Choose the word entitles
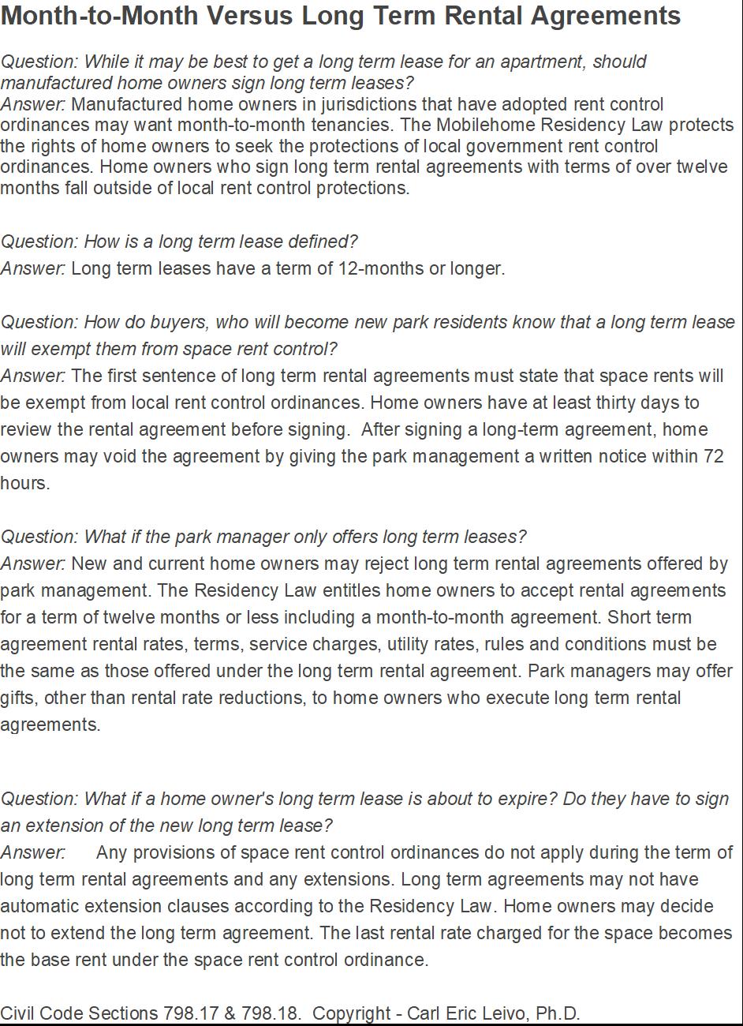pyautogui.click(x=349, y=590)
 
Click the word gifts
pyautogui.click(x=17, y=698)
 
